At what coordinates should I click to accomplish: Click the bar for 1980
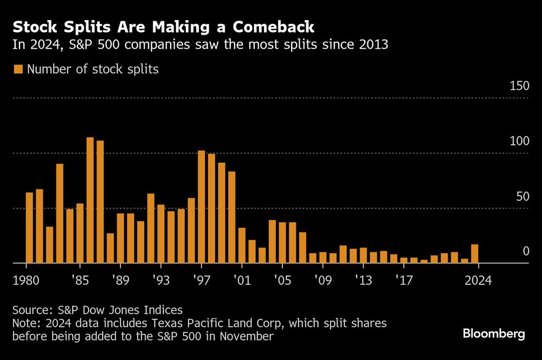click(x=29, y=228)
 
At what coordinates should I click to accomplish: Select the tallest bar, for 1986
click(x=90, y=200)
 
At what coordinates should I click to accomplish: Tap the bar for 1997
click(x=202, y=207)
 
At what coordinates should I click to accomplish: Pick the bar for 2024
click(x=475, y=254)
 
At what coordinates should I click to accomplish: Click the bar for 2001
click(x=242, y=245)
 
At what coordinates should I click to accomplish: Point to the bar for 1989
click(x=120, y=238)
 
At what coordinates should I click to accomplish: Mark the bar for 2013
click(x=363, y=255)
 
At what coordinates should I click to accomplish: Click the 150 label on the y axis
click(x=519, y=86)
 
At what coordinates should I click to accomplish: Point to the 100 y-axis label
click(x=519, y=142)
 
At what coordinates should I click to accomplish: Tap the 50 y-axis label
click(x=521, y=196)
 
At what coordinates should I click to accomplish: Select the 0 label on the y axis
click(x=525, y=251)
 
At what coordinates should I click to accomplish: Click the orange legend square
click(x=18, y=69)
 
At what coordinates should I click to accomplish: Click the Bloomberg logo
click(x=494, y=333)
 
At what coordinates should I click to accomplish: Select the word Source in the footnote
click(x=30, y=310)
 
